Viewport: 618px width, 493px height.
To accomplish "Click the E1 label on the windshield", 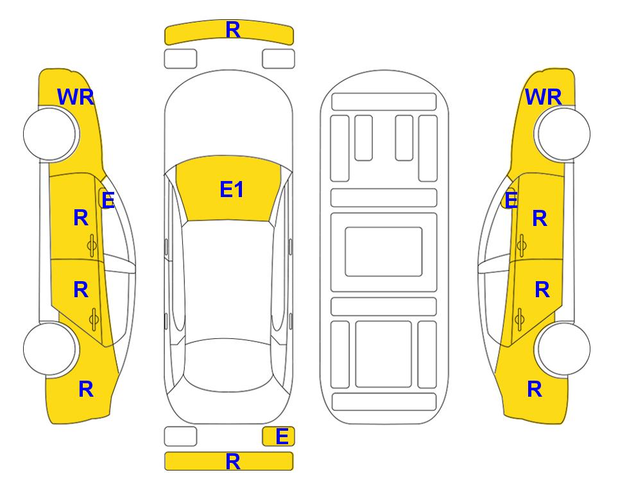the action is (x=232, y=189).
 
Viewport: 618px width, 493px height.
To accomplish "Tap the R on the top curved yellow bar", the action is (x=233, y=30).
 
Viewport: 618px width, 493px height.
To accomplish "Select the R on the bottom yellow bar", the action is (x=233, y=461).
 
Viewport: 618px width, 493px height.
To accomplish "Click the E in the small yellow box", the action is (x=282, y=437).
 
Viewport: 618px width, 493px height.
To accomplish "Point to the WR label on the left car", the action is (x=76, y=97).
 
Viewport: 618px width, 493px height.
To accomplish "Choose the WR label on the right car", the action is (x=543, y=97).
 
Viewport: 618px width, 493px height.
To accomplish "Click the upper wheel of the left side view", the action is (x=50, y=134).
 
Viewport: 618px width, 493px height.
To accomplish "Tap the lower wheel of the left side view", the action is (x=50, y=349).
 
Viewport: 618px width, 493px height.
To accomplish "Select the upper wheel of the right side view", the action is (x=563, y=134).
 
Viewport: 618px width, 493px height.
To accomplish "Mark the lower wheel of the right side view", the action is (x=563, y=349).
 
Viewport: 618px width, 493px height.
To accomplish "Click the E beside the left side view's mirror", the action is (x=108, y=200).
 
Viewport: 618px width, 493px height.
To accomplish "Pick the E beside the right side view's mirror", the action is (x=511, y=200).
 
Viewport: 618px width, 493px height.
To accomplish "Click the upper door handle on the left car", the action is (x=92, y=245).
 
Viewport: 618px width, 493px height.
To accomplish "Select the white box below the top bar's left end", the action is (x=180, y=59).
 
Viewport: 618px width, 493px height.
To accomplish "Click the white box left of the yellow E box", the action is (x=180, y=437).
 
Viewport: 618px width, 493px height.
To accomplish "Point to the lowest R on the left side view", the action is (x=86, y=389).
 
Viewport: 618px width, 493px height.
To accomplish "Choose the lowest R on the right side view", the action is (x=535, y=389).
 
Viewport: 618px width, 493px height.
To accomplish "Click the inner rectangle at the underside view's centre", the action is (x=384, y=252).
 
